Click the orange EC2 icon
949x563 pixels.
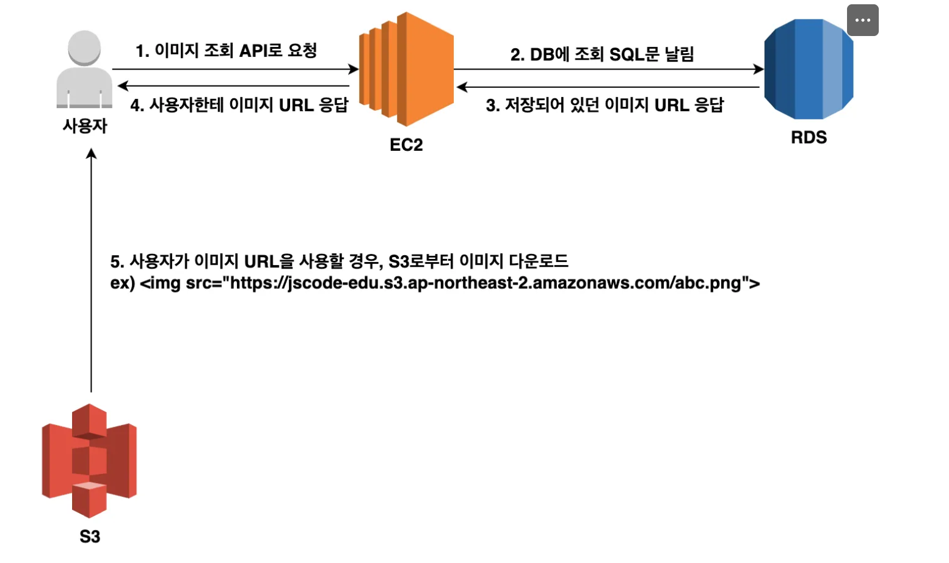[x=406, y=69]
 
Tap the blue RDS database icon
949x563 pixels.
[x=808, y=69]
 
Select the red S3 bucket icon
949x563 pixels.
[x=89, y=460]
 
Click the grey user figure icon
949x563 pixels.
[x=84, y=69]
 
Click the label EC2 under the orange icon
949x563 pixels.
[x=406, y=145]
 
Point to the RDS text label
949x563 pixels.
[x=809, y=137]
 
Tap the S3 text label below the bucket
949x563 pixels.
[x=90, y=536]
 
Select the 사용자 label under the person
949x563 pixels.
[x=85, y=126]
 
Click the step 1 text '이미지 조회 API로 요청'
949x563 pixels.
[x=226, y=51]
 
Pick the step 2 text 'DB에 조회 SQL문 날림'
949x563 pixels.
[x=602, y=54]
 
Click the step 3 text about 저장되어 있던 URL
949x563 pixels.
[x=605, y=105]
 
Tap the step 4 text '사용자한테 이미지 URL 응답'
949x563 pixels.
[x=239, y=105]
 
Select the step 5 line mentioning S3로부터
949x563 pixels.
[x=339, y=261]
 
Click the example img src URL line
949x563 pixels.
[x=435, y=283]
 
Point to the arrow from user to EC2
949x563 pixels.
[x=235, y=69]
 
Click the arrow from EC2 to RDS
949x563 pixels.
[x=608, y=69]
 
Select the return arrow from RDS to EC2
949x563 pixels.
[x=608, y=87]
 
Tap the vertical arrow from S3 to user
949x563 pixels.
[x=91, y=269]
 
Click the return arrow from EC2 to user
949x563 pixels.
[x=235, y=86]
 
